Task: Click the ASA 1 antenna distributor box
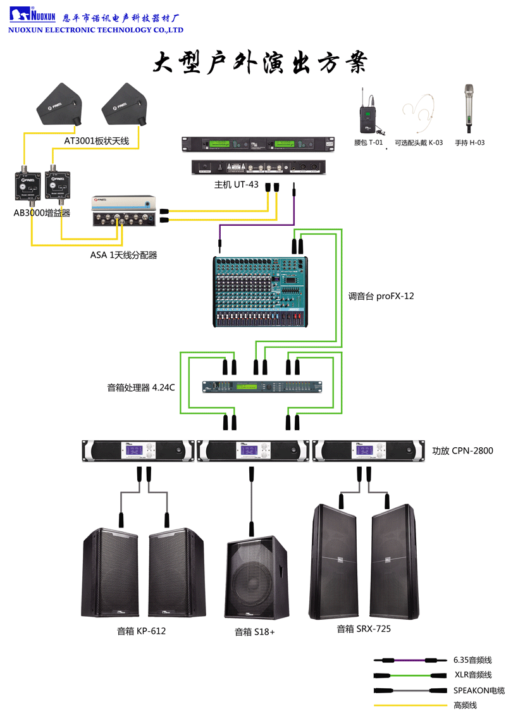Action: point(123,211)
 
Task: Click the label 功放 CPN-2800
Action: point(462,451)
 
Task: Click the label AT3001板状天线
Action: point(97,140)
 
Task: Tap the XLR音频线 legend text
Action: point(472,675)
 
